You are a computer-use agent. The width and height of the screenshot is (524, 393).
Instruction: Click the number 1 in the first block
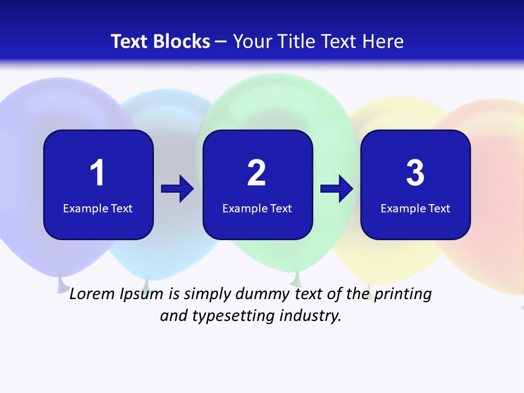click(x=97, y=174)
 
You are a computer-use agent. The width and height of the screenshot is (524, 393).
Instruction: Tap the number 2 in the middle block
click(x=257, y=174)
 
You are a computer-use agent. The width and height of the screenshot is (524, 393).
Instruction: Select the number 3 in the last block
click(x=415, y=174)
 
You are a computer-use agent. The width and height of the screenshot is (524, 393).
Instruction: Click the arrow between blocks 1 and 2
click(x=177, y=189)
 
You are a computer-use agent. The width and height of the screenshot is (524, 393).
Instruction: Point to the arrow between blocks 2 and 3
click(x=337, y=189)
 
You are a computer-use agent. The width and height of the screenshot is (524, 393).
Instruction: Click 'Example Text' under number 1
click(x=98, y=208)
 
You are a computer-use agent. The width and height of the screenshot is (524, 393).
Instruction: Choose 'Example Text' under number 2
click(x=257, y=208)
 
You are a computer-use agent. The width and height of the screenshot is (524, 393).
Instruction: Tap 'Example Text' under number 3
click(x=415, y=208)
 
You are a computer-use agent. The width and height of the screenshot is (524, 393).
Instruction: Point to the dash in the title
click(x=221, y=41)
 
